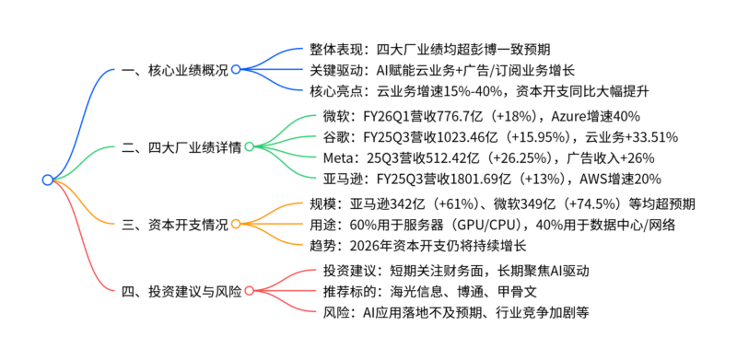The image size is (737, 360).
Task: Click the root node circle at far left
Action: click(47, 180)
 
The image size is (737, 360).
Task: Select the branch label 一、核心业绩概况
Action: click(175, 69)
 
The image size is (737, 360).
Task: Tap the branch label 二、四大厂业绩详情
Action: click(181, 146)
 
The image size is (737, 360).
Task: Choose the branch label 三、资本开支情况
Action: click(175, 223)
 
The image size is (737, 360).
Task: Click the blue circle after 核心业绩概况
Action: click(236, 69)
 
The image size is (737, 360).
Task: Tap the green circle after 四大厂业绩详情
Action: click(249, 146)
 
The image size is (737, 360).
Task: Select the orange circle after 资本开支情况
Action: click(236, 223)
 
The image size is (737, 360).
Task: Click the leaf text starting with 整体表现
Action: click(430, 48)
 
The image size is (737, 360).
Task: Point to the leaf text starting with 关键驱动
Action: click(443, 69)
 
